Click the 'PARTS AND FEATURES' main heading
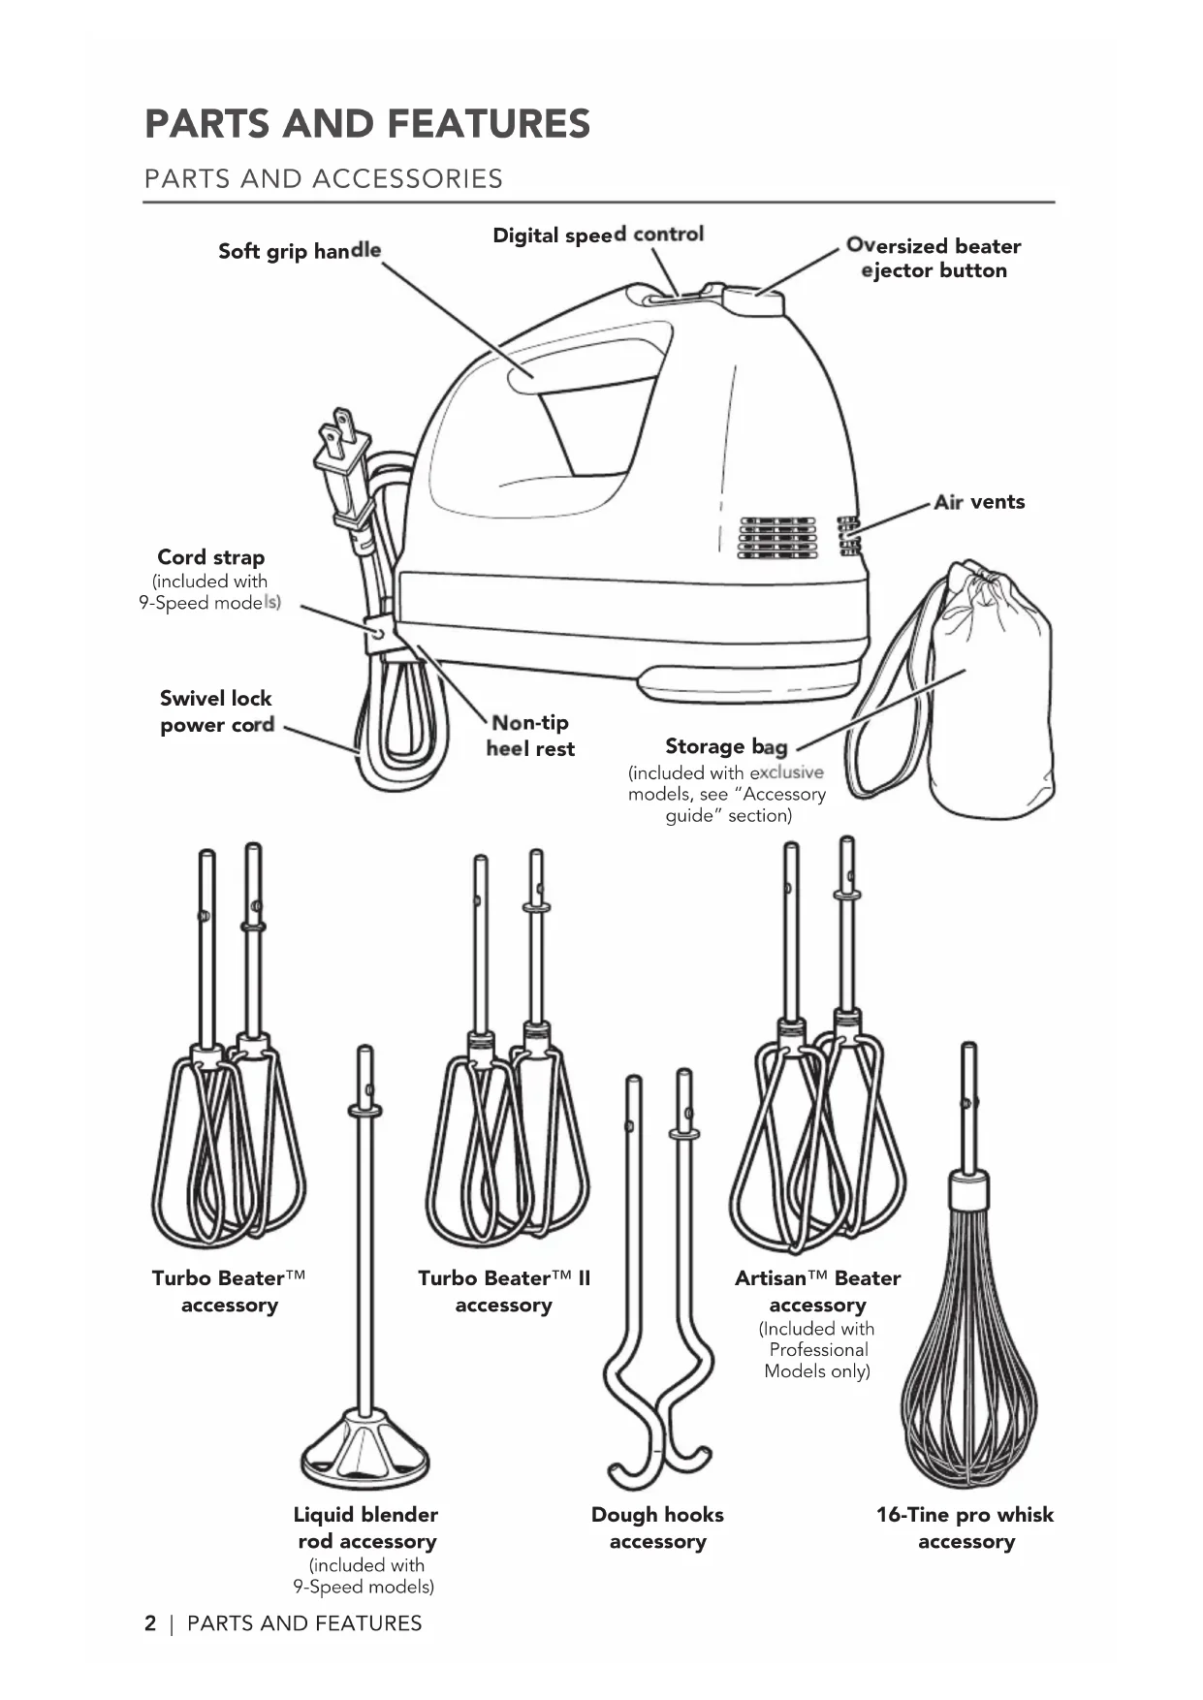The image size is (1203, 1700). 366,124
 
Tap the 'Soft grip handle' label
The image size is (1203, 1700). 299,251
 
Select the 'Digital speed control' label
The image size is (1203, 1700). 598,235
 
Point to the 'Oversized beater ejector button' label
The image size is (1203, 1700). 934,258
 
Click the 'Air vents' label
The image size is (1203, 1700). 979,502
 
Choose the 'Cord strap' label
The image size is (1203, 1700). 210,557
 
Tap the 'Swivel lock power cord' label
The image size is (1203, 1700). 216,711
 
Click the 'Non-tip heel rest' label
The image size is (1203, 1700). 530,736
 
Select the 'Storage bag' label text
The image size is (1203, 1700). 726,746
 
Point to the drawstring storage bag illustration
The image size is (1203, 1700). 989,688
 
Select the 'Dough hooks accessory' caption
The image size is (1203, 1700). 657,1527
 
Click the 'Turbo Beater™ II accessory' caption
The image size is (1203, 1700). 503,1291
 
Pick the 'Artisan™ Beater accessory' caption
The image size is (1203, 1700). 817,1291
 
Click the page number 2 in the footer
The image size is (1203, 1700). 150,1623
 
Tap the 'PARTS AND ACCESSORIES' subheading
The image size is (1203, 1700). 323,178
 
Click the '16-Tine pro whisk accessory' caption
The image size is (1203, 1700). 965,1527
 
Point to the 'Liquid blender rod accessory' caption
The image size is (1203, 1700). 365,1527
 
